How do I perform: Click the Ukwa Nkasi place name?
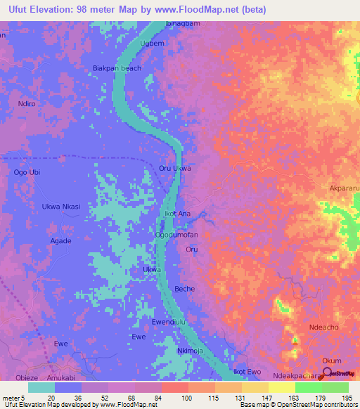tap(61, 206)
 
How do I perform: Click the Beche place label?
tap(184, 289)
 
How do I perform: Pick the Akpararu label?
tap(344, 188)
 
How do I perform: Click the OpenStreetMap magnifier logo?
tap(328, 372)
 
